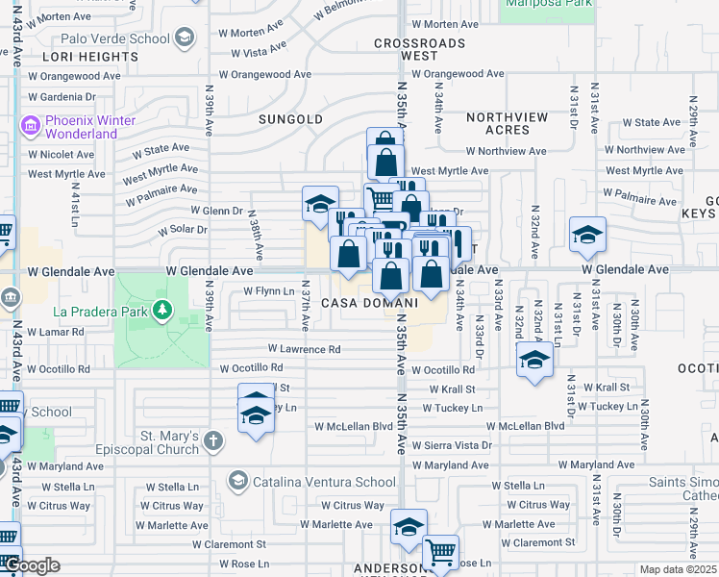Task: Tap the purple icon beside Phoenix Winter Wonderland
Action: tap(30, 125)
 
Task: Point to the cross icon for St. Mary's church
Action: tap(213, 441)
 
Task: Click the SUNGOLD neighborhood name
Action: tap(290, 119)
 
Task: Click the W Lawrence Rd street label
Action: tap(304, 349)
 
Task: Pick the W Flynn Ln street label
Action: tap(268, 290)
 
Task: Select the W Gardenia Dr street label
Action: tap(62, 97)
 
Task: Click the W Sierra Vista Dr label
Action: tap(448, 445)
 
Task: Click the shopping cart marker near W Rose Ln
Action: tap(440, 552)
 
